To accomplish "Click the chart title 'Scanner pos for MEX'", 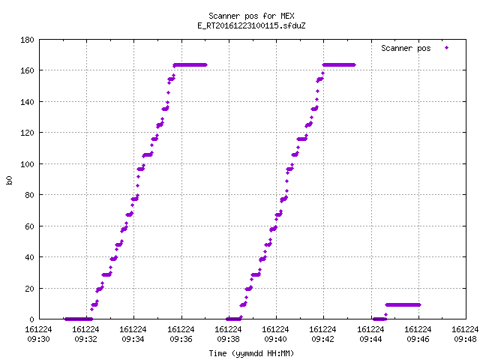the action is click(251, 16).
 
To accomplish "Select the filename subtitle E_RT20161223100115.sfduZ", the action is click(251, 25).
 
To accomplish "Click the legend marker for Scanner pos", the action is click(447, 48).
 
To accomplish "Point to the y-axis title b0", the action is click(10, 180).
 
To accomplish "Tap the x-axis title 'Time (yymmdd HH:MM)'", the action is click(251, 353).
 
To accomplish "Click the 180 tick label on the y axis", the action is click(27, 40).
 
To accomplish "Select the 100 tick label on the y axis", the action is click(27, 164).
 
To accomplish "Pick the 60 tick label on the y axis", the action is click(29, 226).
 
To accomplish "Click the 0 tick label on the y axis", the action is click(31, 319).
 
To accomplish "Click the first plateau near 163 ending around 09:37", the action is click(190, 65).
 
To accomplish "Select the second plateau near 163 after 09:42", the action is click(339, 65).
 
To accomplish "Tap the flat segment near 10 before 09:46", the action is click(403, 305).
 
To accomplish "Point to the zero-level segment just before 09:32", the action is click(78, 319).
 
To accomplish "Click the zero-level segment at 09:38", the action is click(233, 319).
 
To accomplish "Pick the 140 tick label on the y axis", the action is click(27, 102).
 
